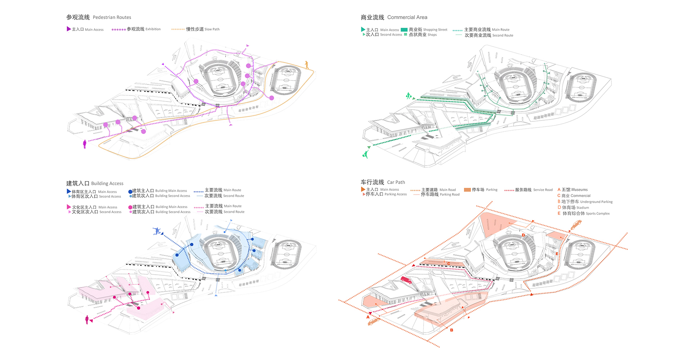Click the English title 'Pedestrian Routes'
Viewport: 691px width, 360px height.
(x=112, y=17)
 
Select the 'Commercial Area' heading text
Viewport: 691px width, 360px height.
(x=407, y=17)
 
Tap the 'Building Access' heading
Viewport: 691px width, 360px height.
(x=107, y=184)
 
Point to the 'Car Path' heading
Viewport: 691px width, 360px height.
(x=396, y=183)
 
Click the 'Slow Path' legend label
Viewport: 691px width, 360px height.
(x=212, y=30)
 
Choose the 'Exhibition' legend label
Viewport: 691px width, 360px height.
(x=153, y=29)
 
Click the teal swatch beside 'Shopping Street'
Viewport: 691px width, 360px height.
(x=404, y=30)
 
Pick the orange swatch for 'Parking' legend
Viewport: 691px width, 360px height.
(x=467, y=190)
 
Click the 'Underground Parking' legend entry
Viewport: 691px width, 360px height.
(x=596, y=202)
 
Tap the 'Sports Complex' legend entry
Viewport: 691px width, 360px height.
(x=597, y=214)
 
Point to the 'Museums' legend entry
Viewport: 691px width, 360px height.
(x=579, y=190)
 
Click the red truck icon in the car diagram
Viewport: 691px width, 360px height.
(x=406, y=280)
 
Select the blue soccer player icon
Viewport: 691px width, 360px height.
(x=157, y=231)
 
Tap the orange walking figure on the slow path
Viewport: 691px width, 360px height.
(x=307, y=65)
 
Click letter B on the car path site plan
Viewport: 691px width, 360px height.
(x=452, y=330)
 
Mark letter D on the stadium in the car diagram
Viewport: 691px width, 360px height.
(x=523, y=235)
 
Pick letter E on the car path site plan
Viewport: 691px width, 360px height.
(x=557, y=254)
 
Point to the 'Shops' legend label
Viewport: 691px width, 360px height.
(x=432, y=35)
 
